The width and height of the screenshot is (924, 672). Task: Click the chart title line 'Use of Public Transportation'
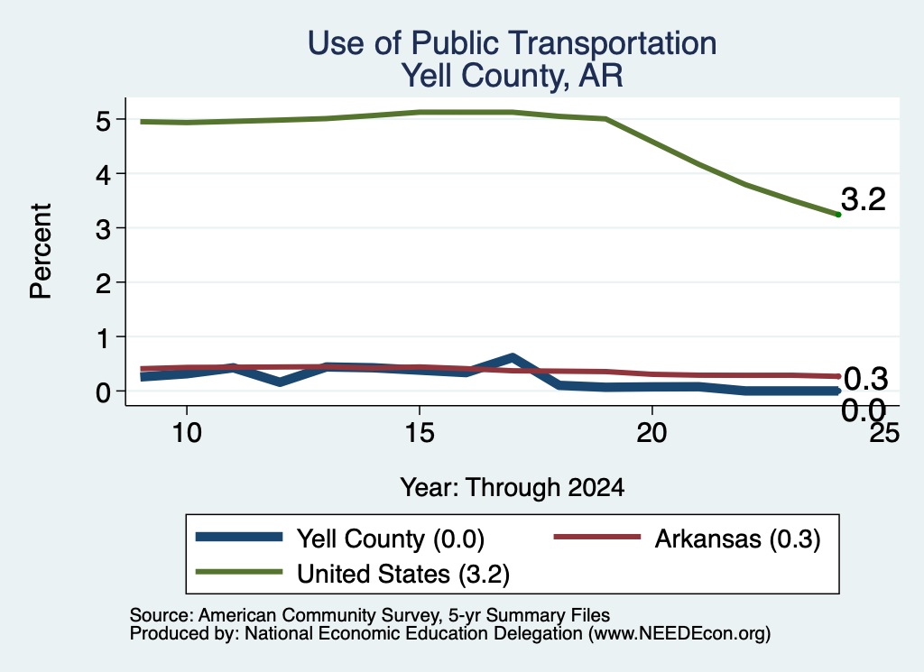[x=513, y=43]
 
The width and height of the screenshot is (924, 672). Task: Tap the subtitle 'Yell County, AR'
[x=513, y=76]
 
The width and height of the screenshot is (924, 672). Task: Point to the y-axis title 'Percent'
[x=42, y=252]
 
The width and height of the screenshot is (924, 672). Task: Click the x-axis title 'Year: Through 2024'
[x=513, y=488]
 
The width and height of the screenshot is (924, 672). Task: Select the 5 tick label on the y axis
[x=103, y=122]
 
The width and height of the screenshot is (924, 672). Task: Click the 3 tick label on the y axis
[x=103, y=230]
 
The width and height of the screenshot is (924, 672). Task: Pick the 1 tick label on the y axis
[x=104, y=338]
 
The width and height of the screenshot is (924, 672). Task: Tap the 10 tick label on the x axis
[x=187, y=433]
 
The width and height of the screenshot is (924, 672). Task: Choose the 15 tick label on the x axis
[x=420, y=433]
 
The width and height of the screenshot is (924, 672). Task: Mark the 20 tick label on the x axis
[x=651, y=433]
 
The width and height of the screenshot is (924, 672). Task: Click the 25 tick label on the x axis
[x=884, y=433]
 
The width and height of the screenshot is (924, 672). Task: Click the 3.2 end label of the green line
[x=864, y=199]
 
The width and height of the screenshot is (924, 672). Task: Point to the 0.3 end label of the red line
[x=865, y=379]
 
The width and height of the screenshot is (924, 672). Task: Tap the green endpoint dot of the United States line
[x=838, y=215]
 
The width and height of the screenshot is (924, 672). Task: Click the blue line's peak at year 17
[x=513, y=357]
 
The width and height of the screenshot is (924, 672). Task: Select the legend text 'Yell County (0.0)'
[x=391, y=539]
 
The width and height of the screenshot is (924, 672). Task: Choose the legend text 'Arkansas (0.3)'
[x=738, y=539]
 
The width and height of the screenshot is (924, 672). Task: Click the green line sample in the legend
[x=239, y=571]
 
